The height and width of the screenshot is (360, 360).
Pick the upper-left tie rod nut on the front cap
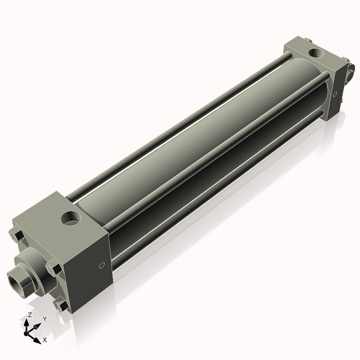click(x=16, y=236)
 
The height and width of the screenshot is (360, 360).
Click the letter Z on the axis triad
click(x=29, y=315)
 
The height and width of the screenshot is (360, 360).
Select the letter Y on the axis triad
click(x=44, y=318)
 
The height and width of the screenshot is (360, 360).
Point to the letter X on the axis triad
click(x=45, y=338)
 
